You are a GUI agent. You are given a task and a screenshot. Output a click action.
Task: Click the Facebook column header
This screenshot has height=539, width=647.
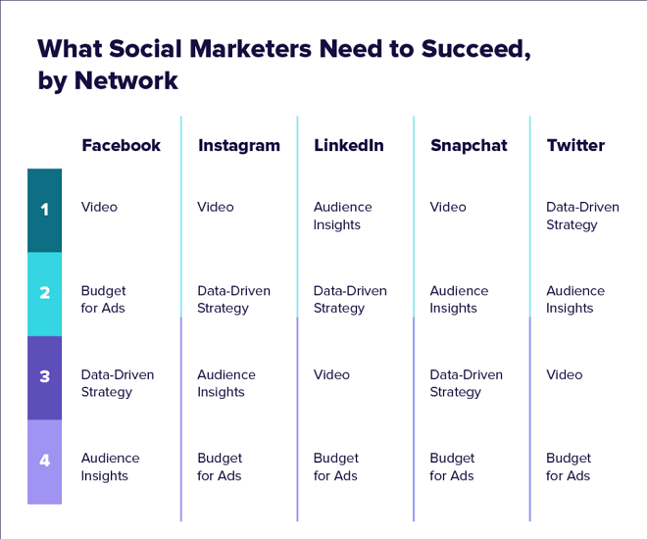(x=121, y=145)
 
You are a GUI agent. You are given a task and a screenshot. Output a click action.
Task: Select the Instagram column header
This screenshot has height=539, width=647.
(x=239, y=146)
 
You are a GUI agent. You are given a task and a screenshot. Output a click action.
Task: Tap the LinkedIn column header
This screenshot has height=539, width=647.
(x=349, y=145)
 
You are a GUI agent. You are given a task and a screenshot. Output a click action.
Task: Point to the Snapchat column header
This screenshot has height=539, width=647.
(x=469, y=146)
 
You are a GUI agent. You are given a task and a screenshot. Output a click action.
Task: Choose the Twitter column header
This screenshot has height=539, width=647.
(x=575, y=145)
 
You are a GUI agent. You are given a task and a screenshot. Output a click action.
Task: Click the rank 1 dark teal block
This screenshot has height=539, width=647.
(x=44, y=211)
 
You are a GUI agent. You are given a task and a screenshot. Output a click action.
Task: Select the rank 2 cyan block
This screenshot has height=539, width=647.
(x=44, y=294)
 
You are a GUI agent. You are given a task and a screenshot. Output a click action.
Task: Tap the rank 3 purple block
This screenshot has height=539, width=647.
(x=44, y=377)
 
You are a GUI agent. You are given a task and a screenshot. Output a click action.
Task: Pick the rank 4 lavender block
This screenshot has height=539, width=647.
(x=44, y=462)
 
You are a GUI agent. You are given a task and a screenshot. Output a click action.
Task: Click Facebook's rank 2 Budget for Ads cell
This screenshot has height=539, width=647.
(x=103, y=300)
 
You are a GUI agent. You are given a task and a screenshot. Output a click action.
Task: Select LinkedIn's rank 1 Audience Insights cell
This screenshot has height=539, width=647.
(x=342, y=216)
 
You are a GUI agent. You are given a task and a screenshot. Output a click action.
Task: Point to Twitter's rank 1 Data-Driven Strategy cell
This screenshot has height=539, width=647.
(x=582, y=216)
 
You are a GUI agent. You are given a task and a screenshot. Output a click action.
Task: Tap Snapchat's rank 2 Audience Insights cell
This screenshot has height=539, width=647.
(x=459, y=300)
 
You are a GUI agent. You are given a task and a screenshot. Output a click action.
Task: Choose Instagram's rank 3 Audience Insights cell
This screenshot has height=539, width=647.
(x=226, y=383)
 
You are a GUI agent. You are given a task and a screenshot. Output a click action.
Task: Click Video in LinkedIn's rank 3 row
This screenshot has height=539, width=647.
(x=331, y=374)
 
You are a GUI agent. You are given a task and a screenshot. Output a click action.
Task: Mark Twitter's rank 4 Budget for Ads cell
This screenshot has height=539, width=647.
(x=569, y=466)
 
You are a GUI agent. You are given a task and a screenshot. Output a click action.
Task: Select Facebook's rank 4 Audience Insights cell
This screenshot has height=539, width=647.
(x=110, y=466)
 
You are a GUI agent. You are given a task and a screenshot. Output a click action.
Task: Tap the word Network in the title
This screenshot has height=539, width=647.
(x=125, y=80)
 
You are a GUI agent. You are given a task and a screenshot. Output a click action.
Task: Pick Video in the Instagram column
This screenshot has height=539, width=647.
(x=216, y=207)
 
